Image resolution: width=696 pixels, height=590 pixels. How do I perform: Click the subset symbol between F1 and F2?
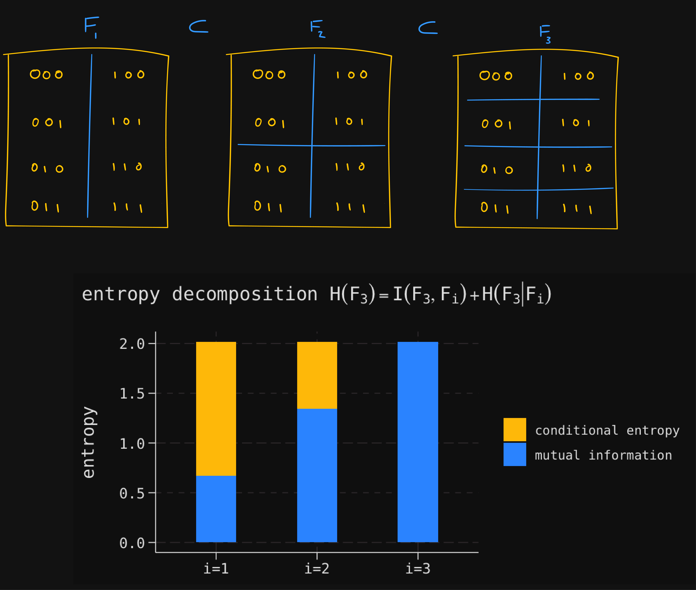click(x=198, y=27)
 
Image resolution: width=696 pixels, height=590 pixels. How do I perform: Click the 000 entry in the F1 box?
click(x=46, y=74)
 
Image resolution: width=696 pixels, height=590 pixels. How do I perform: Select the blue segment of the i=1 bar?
click(x=216, y=508)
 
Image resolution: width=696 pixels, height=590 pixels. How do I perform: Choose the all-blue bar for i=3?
click(x=418, y=441)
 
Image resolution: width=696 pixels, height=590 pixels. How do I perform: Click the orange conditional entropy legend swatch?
click(x=514, y=429)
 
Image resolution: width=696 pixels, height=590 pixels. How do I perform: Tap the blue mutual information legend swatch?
click(x=514, y=454)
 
